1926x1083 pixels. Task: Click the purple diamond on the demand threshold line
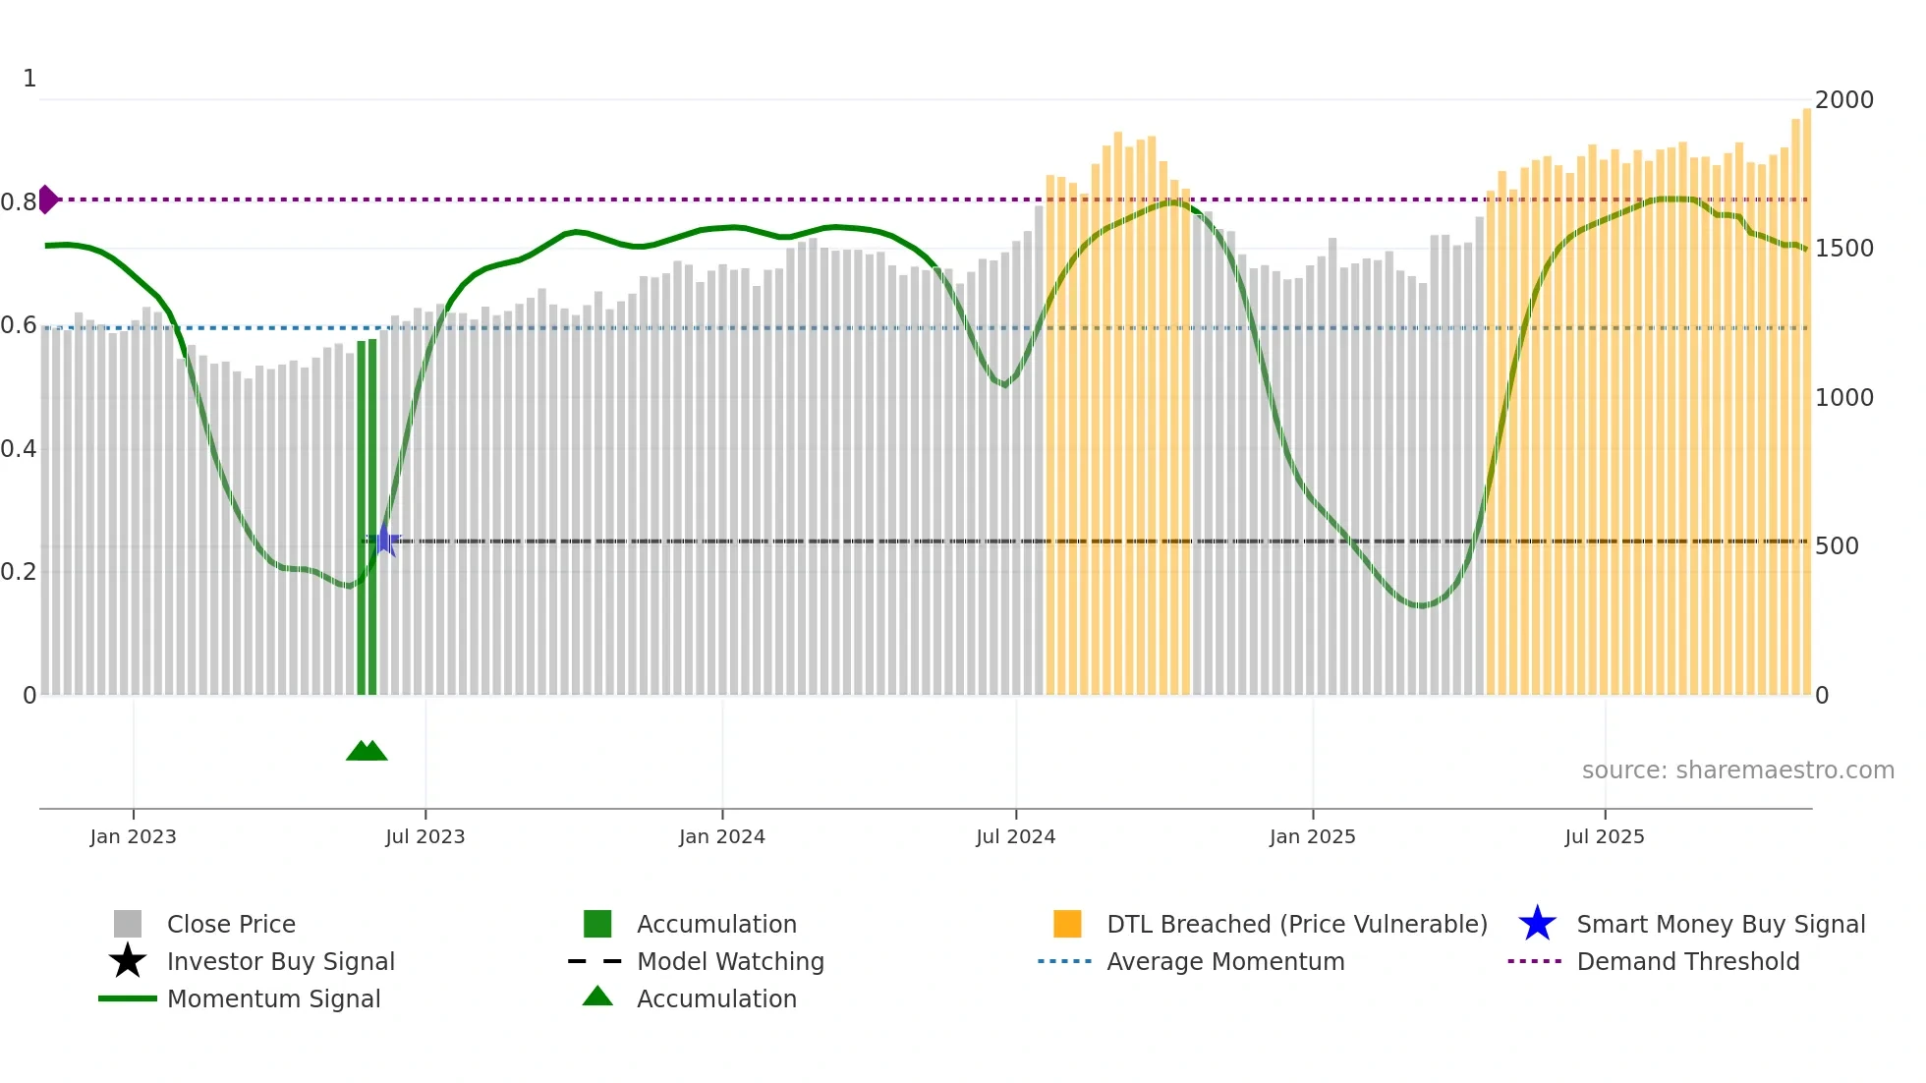point(48,199)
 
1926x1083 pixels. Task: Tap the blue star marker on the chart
point(384,540)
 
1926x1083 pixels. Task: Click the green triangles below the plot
point(367,751)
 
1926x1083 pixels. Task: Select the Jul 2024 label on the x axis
point(1015,836)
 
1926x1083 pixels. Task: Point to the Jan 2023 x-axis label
point(133,836)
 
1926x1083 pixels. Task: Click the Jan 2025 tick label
point(1312,836)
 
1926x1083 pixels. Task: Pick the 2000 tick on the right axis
point(1843,100)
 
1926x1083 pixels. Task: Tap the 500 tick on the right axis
point(1836,546)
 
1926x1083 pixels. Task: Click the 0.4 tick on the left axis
point(19,449)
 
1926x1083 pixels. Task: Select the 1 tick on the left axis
point(29,79)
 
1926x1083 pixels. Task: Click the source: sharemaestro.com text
point(1737,769)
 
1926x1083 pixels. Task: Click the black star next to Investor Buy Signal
point(128,961)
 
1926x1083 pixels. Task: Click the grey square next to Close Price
point(128,924)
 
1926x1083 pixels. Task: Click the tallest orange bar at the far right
point(1806,393)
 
